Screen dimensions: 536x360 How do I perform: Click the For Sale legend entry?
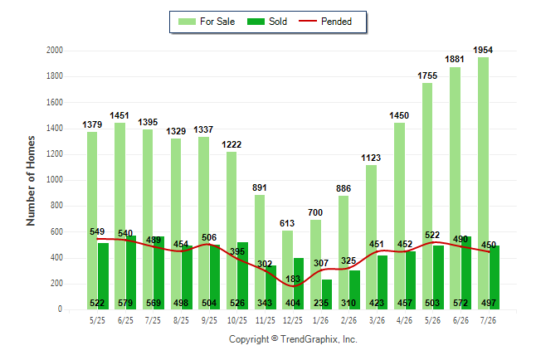pyautogui.click(x=207, y=22)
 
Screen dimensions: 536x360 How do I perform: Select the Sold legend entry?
pyautogui.click(x=267, y=22)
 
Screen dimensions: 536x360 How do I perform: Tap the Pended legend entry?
pyautogui.click(x=325, y=22)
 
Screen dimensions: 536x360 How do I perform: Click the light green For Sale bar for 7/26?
pyautogui.click(x=483, y=183)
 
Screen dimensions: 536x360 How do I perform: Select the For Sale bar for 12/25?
pyautogui.click(x=287, y=270)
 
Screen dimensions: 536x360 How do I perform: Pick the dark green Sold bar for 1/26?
pyautogui.click(x=327, y=294)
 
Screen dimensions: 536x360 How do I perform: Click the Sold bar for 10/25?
pyautogui.click(x=243, y=276)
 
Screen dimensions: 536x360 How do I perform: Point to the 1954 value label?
pyautogui.click(x=483, y=50)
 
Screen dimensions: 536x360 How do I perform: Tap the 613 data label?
pyautogui.click(x=287, y=223)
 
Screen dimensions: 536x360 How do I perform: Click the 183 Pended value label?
pyautogui.click(x=293, y=279)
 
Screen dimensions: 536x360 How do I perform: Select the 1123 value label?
pyautogui.click(x=371, y=158)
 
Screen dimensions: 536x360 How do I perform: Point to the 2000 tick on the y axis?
pyautogui.click(x=55, y=51)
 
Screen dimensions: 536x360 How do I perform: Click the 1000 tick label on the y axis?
pyautogui.click(x=55, y=180)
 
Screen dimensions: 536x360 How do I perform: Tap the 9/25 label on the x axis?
pyautogui.click(x=209, y=320)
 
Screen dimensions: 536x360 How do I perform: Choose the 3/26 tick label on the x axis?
pyautogui.click(x=377, y=320)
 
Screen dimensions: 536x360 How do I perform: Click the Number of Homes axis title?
pyautogui.click(x=31, y=181)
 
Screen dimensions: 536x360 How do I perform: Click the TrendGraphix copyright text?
pyautogui.click(x=293, y=339)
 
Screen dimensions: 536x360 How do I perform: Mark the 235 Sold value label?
pyautogui.click(x=321, y=303)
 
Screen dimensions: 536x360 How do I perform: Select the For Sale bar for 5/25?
pyautogui.click(x=92, y=221)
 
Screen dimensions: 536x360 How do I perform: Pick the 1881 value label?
pyautogui.click(x=455, y=59)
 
